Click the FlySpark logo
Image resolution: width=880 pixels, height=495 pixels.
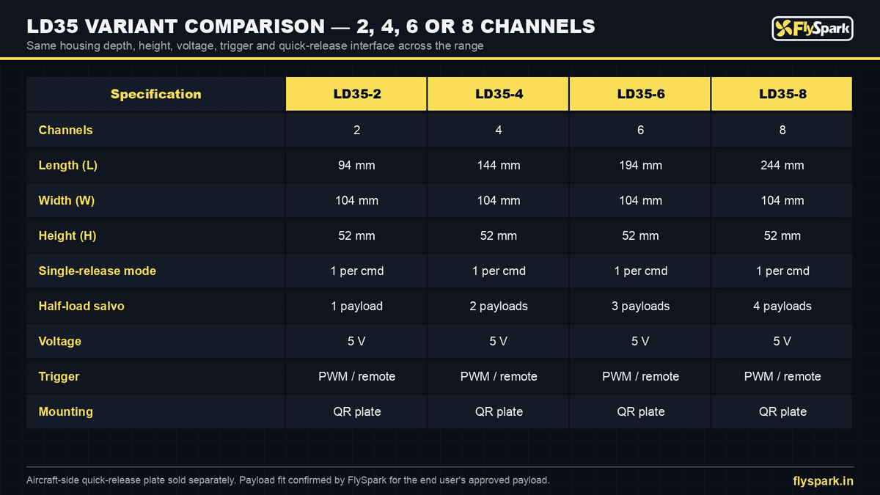(x=812, y=29)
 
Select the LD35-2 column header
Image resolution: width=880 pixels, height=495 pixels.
(x=356, y=94)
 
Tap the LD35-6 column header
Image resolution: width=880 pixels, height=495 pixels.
(x=640, y=94)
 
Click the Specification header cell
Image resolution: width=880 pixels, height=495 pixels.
(x=155, y=94)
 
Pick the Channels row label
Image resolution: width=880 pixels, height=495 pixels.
(x=65, y=130)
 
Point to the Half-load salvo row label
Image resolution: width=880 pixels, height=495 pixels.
(x=81, y=306)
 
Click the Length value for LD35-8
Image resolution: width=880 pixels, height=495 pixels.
(x=782, y=166)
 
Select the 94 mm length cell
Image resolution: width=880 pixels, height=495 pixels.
(x=356, y=166)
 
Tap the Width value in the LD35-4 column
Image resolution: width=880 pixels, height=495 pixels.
(x=499, y=200)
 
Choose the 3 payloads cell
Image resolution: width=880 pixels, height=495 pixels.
(x=640, y=306)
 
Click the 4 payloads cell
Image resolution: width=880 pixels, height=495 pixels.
(x=782, y=306)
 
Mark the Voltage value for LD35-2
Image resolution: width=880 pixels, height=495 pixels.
(x=356, y=341)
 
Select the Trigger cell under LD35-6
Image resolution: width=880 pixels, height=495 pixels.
(x=640, y=376)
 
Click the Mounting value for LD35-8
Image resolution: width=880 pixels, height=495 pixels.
(x=782, y=411)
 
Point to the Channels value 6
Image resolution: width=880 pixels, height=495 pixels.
(x=640, y=130)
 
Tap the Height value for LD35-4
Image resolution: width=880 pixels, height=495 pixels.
(x=499, y=235)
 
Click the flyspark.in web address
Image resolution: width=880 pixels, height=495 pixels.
(x=823, y=481)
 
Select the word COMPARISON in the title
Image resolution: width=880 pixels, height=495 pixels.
(x=254, y=26)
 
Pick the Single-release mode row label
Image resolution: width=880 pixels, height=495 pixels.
(x=97, y=271)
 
